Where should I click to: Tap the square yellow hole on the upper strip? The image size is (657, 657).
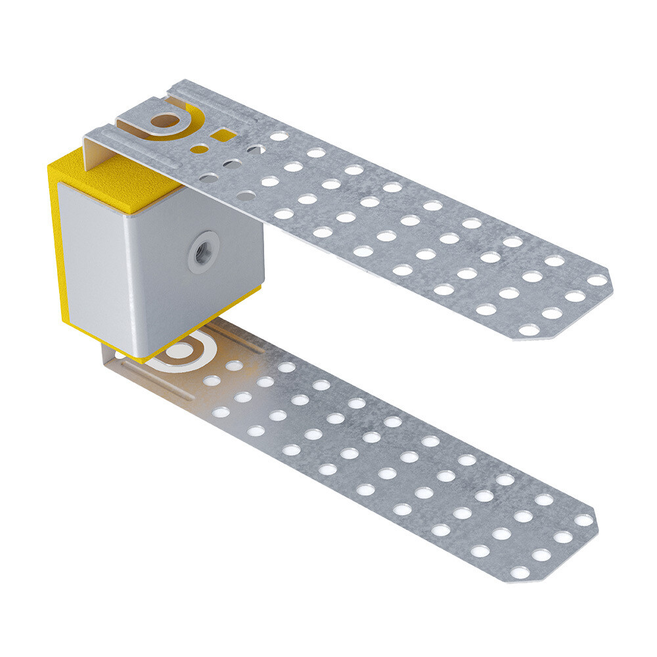click(x=225, y=135)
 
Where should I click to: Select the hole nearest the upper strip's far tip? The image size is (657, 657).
click(x=597, y=281)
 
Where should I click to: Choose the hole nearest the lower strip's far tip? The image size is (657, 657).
click(x=583, y=520)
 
